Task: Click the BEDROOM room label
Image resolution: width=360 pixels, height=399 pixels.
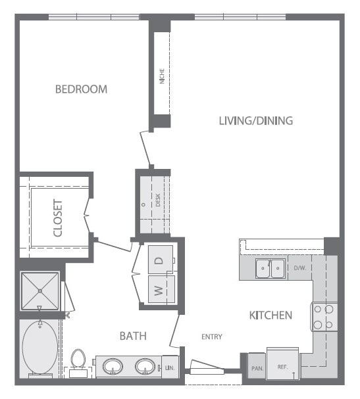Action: click(x=81, y=89)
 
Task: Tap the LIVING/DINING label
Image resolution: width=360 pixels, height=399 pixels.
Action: click(x=255, y=121)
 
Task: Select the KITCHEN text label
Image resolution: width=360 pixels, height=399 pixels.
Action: click(x=270, y=316)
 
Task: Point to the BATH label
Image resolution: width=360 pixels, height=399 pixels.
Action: click(x=132, y=336)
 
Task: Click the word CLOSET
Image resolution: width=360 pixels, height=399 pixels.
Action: click(x=58, y=218)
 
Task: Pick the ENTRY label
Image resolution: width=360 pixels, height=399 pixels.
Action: click(x=211, y=337)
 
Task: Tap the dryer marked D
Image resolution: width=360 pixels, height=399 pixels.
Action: click(x=159, y=260)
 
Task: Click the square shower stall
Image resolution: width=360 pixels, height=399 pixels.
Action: click(x=40, y=291)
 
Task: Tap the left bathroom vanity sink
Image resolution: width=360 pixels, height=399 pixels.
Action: click(x=111, y=366)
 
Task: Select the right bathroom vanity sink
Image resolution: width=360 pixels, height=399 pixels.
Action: click(x=145, y=366)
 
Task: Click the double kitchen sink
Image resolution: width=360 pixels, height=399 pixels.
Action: click(x=270, y=268)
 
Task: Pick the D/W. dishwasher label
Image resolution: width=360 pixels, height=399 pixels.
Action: click(x=299, y=268)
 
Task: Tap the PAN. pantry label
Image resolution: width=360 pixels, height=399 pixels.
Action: click(x=256, y=368)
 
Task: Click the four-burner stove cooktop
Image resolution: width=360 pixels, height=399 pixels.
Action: click(x=324, y=316)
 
